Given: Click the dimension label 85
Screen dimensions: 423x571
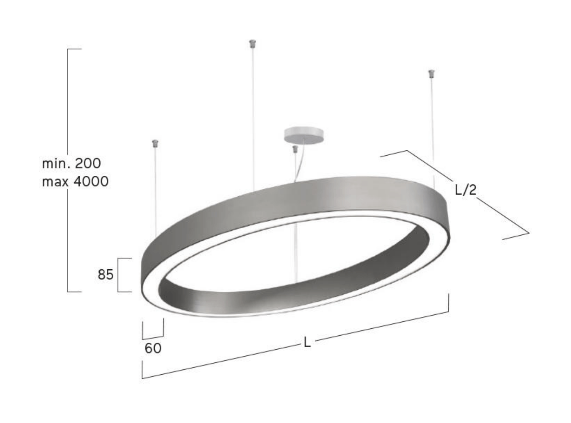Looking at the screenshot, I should (x=105, y=275).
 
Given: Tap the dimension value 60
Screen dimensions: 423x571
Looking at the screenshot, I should (x=153, y=348).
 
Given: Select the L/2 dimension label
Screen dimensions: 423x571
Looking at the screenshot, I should (x=465, y=190).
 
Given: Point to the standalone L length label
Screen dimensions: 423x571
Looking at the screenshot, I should (x=307, y=342).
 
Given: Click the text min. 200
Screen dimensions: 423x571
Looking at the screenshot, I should (x=71, y=163).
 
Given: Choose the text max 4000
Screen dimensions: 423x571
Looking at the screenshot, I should (x=75, y=181).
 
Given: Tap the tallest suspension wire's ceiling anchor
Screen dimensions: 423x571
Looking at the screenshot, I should (x=253, y=44).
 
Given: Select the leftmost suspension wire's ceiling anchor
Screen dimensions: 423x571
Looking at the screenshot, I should (x=155, y=144).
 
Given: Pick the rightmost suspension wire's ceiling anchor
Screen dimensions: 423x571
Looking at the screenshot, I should (x=431, y=73).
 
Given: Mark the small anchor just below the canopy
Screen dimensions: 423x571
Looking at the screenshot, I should (x=295, y=149).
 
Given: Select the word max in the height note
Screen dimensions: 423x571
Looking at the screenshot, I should (x=55, y=182).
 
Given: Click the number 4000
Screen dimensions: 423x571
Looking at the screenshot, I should (x=91, y=181).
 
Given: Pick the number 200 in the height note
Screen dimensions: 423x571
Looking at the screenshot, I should (x=88, y=163).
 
